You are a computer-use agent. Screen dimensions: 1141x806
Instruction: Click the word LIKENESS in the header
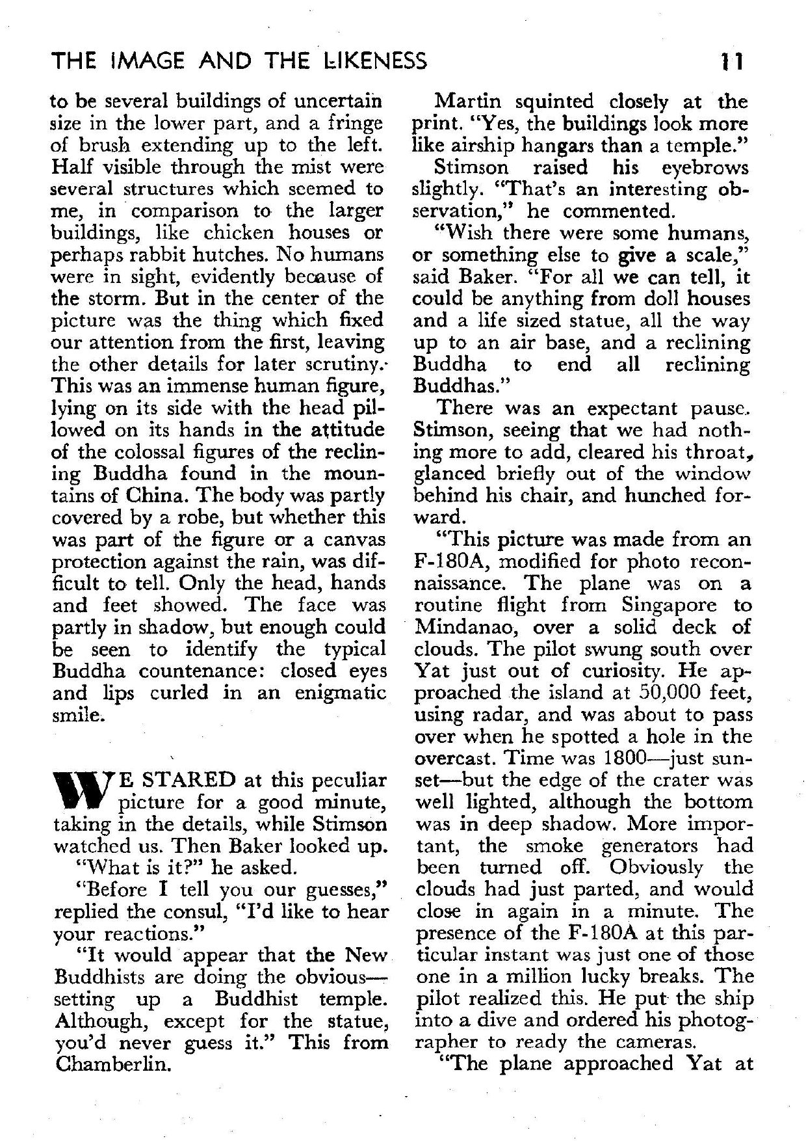click(369, 61)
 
